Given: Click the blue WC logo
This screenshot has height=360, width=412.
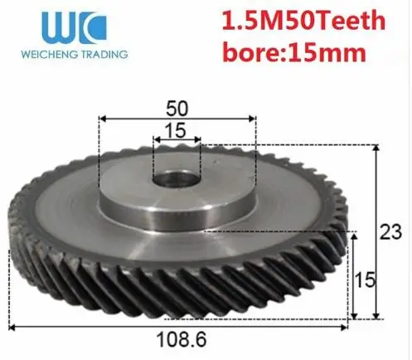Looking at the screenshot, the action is [x=74, y=28].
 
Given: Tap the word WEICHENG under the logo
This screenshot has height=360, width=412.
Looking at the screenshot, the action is [x=49, y=54].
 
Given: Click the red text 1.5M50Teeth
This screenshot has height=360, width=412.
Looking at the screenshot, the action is [x=303, y=21].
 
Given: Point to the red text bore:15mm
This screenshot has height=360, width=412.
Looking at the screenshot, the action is [x=294, y=51].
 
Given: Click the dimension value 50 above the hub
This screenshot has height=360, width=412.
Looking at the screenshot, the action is [x=177, y=109].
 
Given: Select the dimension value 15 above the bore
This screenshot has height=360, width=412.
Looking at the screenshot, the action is [x=175, y=130].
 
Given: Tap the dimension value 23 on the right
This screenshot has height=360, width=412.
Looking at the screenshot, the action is [x=390, y=232].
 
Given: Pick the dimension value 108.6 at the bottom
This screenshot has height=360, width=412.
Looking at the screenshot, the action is [x=182, y=339].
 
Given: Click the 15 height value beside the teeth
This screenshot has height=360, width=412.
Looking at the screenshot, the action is [x=365, y=280].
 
